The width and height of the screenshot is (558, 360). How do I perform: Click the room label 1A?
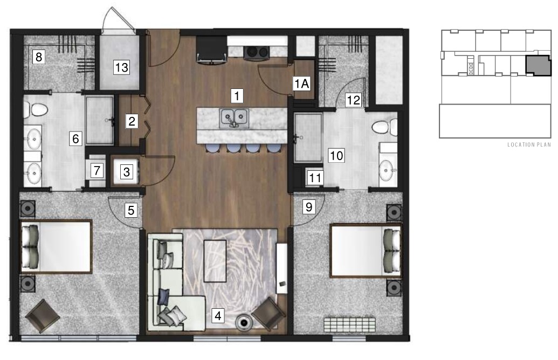click(301, 84)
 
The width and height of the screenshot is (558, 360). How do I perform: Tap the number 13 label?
click(121, 67)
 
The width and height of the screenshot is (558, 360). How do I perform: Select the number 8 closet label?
click(38, 57)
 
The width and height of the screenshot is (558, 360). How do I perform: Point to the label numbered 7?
click(97, 170)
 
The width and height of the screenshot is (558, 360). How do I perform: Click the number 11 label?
click(315, 177)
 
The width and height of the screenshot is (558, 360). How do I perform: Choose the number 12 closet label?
click(353, 100)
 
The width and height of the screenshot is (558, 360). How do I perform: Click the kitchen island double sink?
click(234, 117)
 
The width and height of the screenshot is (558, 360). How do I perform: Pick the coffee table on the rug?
click(215, 261)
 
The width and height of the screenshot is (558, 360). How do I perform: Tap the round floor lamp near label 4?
click(244, 323)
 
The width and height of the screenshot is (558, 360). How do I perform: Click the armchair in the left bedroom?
click(43, 316)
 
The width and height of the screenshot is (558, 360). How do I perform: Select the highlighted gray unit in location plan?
click(538, 65)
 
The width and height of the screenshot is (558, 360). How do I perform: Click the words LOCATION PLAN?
click(529, 145)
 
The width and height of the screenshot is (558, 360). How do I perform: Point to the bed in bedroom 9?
click(366, 251)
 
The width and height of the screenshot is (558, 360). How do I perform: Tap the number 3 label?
click(126, 172)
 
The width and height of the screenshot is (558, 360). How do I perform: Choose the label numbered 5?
click(131, 210)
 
